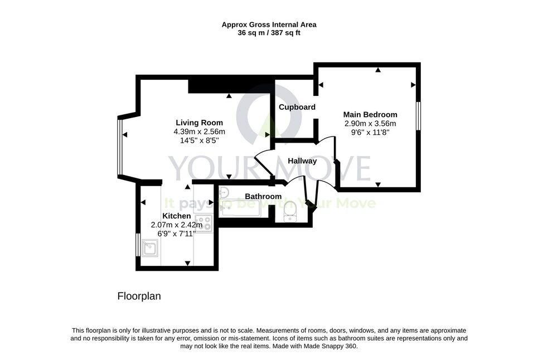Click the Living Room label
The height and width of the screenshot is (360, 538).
[200, 123]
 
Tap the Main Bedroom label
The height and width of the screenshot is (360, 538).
[370, 114]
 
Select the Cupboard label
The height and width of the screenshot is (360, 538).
[297, 107]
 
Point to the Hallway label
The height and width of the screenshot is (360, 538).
[302, 161]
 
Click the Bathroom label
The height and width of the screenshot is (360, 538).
[263, 196]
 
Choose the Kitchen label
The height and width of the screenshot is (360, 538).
[176, 216]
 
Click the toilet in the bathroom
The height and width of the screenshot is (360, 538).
[290, 211]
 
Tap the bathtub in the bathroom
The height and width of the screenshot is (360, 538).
[240, 208]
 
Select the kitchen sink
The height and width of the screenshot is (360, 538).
[151, 248]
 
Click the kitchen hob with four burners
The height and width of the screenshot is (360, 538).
[204, 223]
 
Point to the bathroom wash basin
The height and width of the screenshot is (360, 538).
[224, 192]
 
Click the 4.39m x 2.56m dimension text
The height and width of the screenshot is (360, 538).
[200, 132]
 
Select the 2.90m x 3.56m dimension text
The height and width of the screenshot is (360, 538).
[370, 123]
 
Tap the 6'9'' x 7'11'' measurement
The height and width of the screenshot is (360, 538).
[176, 233]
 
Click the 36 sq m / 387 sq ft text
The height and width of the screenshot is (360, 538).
[269, 33]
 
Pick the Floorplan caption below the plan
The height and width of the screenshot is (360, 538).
[139, 296]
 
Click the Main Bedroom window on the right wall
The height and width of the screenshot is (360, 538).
[418, 115]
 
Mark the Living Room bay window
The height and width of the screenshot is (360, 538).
[119, 147]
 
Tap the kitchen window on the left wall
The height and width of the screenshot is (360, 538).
[138, 245]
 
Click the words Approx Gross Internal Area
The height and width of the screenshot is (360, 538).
[269, 25]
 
